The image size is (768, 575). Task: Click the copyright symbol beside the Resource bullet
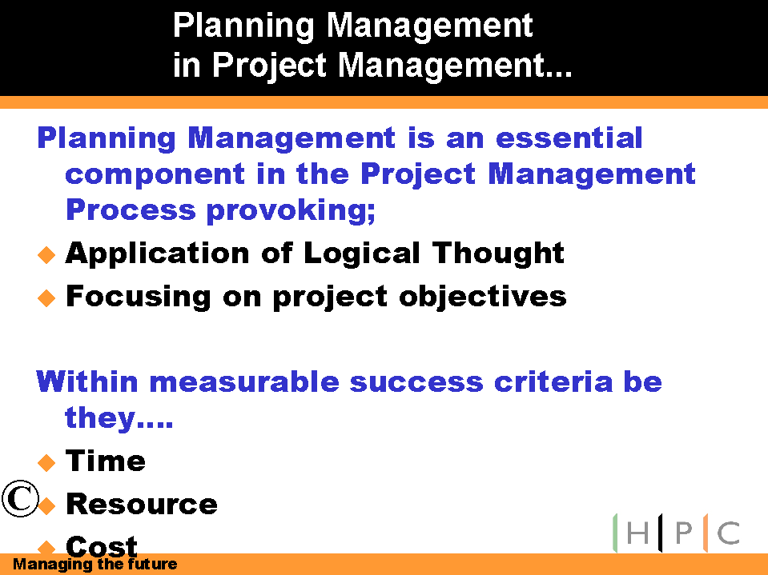[20, 498]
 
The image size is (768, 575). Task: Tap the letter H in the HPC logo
[637, 533]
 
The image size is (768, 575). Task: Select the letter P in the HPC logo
[684, 533]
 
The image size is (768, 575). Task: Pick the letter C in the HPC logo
[729, 533]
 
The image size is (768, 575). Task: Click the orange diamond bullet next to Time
[46, 462]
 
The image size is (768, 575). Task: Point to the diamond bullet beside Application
[46, 255]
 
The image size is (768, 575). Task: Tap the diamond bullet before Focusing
[46, 297]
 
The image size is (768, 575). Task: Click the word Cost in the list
[102, 545]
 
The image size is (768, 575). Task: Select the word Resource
[142, 504]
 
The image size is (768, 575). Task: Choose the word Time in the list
[105, 461]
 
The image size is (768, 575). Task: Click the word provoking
[291, 211]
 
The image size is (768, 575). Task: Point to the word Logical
[362, 254]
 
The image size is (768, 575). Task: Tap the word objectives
[482, 297]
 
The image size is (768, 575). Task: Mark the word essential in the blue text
[569, 138]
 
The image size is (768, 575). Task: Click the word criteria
[553, 381]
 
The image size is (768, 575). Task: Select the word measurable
[244, 381]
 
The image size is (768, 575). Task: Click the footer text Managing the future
[94, 565]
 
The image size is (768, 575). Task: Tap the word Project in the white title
[269, 66]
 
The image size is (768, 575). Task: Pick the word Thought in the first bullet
[497, 253]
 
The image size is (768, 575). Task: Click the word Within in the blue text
[87, 381]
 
